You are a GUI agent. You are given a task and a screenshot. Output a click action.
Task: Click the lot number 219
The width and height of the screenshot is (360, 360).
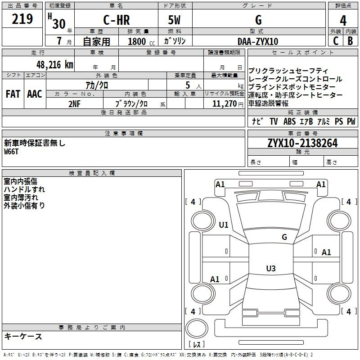[22, 19]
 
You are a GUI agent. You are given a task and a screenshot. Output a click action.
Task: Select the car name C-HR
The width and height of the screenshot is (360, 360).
[117, 20]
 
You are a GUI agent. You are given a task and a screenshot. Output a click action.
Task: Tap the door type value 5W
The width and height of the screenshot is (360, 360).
[174, 20]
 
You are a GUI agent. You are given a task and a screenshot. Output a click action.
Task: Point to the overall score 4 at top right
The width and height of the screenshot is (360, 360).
[343, 21]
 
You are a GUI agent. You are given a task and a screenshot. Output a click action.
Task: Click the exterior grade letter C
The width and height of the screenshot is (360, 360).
[336, 41]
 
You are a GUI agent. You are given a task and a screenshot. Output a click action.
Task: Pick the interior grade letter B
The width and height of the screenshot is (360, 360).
[350, 41]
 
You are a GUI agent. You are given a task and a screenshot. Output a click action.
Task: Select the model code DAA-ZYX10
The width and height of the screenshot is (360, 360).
[258, 41]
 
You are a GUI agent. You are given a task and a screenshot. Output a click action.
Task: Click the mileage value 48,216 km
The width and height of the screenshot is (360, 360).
[55, 65]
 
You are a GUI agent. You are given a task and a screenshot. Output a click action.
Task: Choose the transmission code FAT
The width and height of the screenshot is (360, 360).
[13, 94]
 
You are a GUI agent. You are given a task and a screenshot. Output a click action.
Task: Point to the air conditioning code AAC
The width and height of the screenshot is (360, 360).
[35, 94]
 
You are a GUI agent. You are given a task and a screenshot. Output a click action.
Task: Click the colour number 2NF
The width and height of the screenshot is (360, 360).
[74, 104]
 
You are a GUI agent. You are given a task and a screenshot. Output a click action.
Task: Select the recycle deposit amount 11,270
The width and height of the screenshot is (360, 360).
[225, 104]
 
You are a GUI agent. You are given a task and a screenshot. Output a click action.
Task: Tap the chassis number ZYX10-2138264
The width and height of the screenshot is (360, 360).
[302, 143]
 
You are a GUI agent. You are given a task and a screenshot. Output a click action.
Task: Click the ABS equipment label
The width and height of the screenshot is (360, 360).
[289, 121]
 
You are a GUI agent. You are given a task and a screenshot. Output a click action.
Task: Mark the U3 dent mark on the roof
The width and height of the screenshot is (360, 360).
[271, 268]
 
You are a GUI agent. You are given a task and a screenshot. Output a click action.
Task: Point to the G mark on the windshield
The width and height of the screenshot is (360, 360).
[284, 237]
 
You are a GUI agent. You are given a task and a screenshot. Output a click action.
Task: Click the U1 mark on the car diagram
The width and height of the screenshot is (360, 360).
[224, 225]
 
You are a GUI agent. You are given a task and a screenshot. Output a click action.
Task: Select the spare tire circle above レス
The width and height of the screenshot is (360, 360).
[197, 328]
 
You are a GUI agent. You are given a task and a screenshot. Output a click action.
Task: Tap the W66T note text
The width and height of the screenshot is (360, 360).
[11, 152]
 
